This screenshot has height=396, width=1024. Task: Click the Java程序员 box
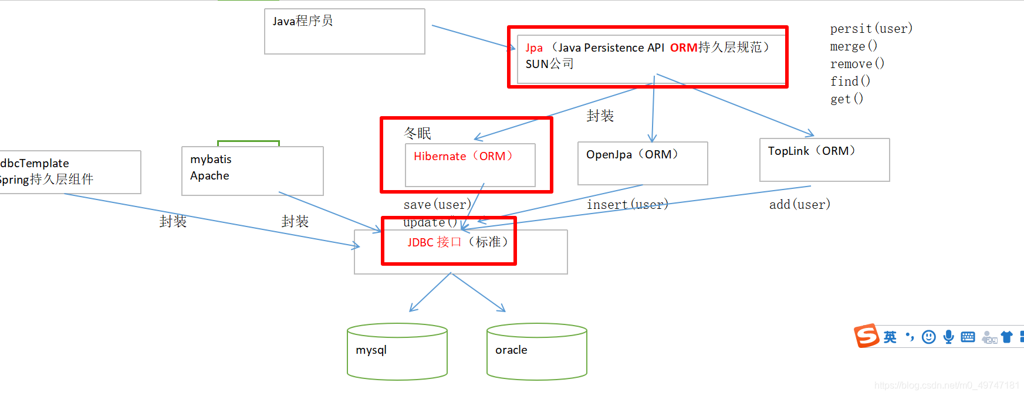click(x=344, y=31)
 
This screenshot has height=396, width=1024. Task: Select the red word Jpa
click(x=534, y=48)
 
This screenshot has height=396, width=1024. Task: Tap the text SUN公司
click(x=549, y=64)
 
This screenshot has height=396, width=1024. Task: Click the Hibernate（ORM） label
click(x=463, y=156)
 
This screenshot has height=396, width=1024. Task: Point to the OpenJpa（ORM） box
click(x=643, y=163)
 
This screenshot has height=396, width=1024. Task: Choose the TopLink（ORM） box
click(x=824, y=160)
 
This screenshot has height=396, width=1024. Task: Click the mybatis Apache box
click(x=252, y=171)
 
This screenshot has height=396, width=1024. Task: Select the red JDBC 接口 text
click(x=434, y=242)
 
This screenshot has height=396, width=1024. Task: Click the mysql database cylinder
click(x=397, y=351)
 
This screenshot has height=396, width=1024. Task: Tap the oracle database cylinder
click(x=536, y=351)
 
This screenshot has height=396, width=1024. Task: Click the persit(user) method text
click(x=871, y=29)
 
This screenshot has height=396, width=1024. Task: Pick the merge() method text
click(x=853, y=46)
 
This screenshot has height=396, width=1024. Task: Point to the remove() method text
click(x=857, y=64)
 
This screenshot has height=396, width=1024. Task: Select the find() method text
click(x=850, y=82)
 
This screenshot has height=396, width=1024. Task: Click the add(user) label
click(x=800, y=205)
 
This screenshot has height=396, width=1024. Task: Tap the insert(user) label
click(x=627, y=205)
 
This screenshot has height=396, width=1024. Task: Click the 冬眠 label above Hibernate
click(x=417, y=133)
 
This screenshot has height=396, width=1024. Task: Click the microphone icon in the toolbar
click(x=948, y=337)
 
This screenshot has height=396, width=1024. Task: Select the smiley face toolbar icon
click(x=928, y=337)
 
